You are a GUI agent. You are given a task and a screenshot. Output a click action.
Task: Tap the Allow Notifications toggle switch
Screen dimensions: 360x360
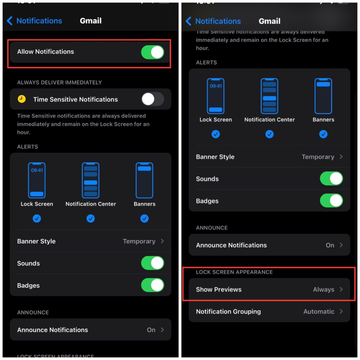click(153, 52)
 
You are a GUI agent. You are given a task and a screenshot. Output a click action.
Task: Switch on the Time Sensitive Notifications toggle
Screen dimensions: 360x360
click(153, 99)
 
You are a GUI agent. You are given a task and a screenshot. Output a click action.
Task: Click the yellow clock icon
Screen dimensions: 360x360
click(22, 99)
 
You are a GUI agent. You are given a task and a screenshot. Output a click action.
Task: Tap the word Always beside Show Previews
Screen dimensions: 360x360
click(323, 290)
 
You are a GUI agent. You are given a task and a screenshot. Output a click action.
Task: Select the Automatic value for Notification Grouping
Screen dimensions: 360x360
click(319, 311)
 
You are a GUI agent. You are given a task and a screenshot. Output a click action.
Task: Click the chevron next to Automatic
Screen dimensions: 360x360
click(341, 311)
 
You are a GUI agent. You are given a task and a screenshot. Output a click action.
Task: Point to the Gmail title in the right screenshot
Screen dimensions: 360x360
click(269, 21)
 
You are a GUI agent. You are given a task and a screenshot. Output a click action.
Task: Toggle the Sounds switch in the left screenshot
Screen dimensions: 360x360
click(153, 263)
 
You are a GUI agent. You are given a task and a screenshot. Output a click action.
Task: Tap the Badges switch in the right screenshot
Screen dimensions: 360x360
click(331, 201)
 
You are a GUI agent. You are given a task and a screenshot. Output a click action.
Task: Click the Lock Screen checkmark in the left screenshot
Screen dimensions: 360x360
click(37, 219)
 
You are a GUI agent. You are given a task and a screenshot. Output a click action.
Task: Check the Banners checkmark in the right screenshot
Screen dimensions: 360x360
click(323, 134)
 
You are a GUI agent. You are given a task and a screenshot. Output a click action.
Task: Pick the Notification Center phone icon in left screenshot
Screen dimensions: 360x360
click(91, 180)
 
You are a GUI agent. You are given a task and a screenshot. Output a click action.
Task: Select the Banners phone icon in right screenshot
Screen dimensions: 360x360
click(323, 96)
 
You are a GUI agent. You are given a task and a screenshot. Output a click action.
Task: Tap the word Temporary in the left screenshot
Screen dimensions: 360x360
click(139, 241)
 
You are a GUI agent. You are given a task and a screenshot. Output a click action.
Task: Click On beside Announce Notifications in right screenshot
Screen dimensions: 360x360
click(330, 245)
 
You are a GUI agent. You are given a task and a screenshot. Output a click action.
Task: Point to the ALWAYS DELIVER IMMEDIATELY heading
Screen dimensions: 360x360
click(59, 82)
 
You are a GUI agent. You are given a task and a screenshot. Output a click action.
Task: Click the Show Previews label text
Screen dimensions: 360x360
click(219, 290)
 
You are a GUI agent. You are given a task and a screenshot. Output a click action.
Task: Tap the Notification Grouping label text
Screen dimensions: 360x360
click(228, 311)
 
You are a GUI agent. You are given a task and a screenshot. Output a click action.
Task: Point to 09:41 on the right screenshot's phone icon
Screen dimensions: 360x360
click(216, 86)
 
